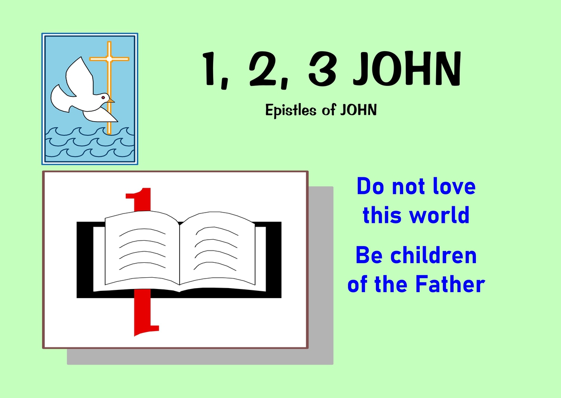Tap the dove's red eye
coord(103,97)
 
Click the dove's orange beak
coord(111,101)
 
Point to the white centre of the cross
coord(109,59)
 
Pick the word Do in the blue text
coord(371,186)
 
